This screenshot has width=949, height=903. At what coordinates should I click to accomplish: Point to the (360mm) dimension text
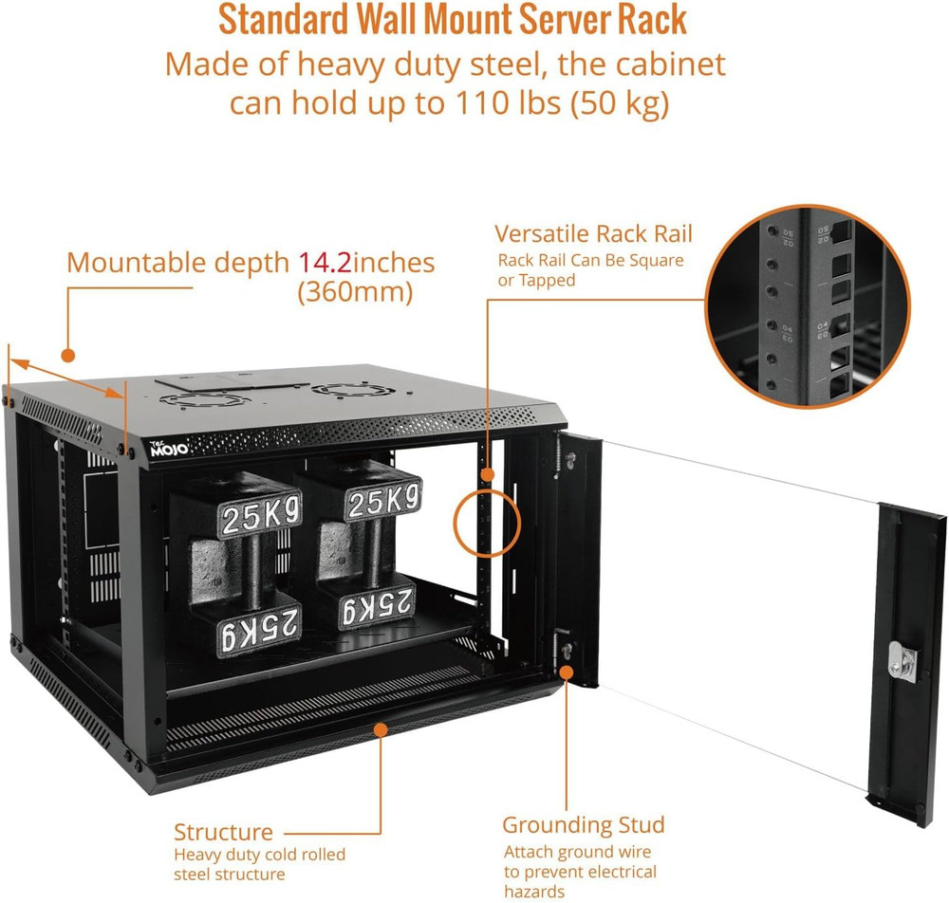[355, 293]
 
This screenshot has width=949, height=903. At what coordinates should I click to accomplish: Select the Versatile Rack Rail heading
[594, 233]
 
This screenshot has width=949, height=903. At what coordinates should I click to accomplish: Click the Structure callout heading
[223, 832]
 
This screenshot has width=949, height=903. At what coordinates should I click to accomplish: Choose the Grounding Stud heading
[584, 824]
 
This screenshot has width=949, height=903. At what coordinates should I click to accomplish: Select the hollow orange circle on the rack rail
[488, 522]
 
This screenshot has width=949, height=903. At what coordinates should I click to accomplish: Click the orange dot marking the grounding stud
[567, 672]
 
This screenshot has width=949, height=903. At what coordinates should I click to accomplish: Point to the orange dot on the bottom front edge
[381, 729]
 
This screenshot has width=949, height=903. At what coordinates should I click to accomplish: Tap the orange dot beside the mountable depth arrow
[67, 355]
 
